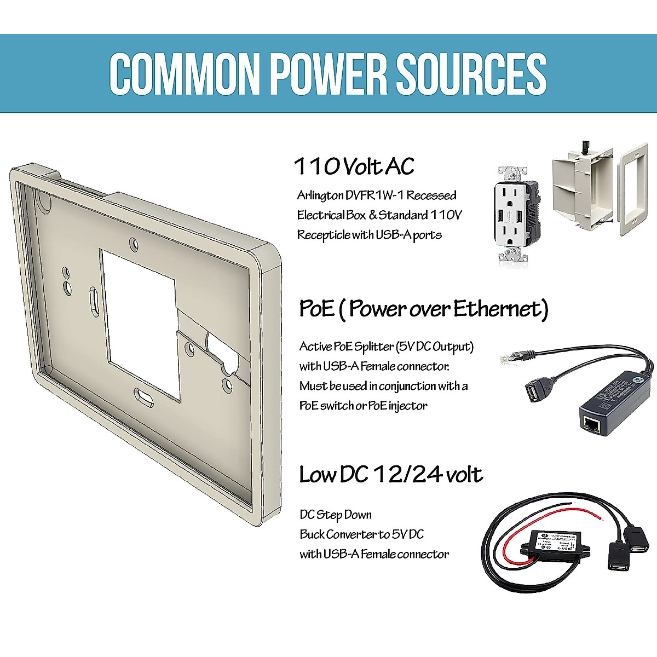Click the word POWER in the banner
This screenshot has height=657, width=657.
328,73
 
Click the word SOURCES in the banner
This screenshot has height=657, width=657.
471,73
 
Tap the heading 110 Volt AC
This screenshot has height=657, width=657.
354,166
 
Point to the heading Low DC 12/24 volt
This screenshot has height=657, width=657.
390,475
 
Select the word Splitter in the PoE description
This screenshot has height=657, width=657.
374,347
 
